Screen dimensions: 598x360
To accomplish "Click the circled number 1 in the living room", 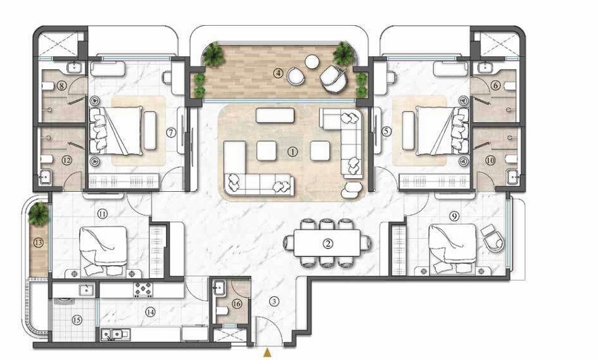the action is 292,152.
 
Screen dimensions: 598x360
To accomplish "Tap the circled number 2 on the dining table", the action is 328,243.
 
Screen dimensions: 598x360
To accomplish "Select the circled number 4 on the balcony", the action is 279,73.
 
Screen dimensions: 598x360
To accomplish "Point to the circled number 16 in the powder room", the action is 237,304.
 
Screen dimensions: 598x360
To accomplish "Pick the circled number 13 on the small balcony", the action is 39,242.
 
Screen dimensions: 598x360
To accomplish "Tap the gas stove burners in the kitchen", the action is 143,289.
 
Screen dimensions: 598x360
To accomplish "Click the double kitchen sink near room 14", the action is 116,334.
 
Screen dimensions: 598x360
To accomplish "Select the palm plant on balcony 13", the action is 39,214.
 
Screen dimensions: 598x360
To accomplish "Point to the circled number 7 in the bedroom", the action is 171,132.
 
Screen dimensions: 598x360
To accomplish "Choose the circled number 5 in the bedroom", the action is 386,132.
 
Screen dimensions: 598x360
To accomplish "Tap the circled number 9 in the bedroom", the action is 454,216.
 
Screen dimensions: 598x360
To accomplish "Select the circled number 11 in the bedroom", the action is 102,214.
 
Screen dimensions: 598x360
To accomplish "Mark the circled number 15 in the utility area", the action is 77,319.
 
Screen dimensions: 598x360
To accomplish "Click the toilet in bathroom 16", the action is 222,311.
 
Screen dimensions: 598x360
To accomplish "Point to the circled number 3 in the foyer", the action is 273,302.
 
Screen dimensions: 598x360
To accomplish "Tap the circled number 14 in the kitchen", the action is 151,312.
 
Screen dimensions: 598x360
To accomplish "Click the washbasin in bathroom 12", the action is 45,176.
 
